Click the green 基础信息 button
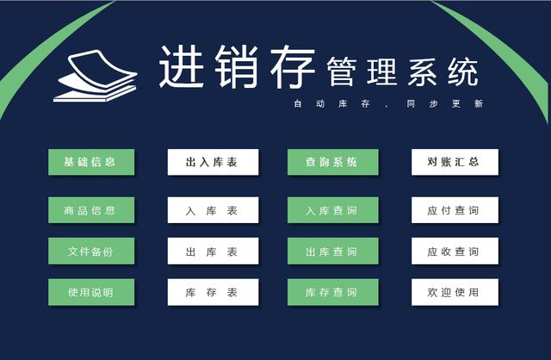pyautogui.click(x=91, y=162)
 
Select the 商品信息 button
pyautogui.click(x=91, y=210)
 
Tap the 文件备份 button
pyautogui.click(x=91, y=251)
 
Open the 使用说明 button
pyautogui.click(x=91, y=292)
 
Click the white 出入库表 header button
pyautogui.click(x=213, y=162)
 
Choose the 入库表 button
pyautogui.click(x=213, y=210)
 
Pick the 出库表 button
pyautogui.click(x=213, y=251)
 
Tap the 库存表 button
pyautogui.click(x=213, y=292)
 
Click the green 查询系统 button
pyautogui.click(x=333, y=162)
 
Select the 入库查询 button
pyautogui.click(x=333, y=210)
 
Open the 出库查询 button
pyautogui.click(x=333, y=251)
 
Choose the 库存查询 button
pyautogui.click(x=333, y=292)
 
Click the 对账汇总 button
pyautogui.click(x=455, y=162)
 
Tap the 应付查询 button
pyautogui.click(x=455, y=210)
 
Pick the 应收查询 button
pyautogui.click(x=455, y=251)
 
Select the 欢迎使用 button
pyautogui.click(x=455, y=292)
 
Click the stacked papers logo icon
pyautogui.click(x=95, y=77)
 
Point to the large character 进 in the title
pyautogui.click(x=182, y=66)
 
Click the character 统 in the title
pyautogui.click(x=463, y=72)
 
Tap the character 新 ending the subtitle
pyautogui.click(x=479, y=103)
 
